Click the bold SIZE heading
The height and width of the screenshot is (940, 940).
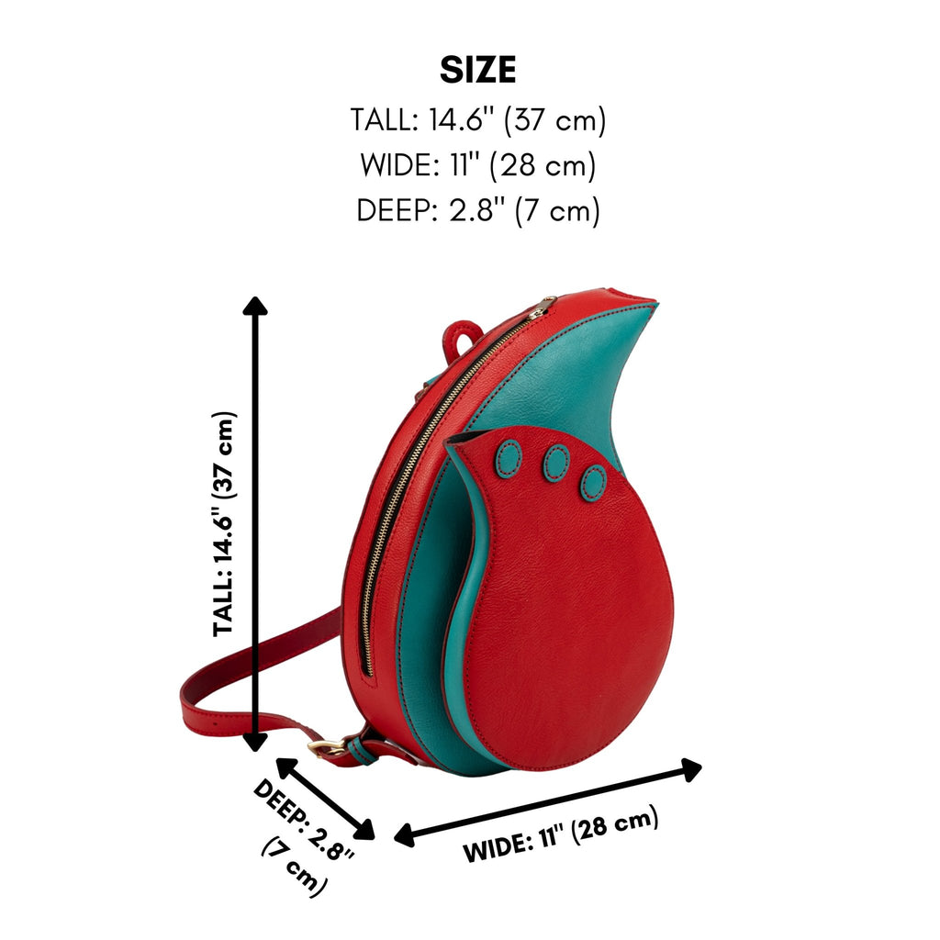[x=477, y=70]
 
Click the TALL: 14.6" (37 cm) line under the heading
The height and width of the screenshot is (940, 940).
[x=477, y=120]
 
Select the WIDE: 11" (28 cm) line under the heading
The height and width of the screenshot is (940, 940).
[x=477, y=165]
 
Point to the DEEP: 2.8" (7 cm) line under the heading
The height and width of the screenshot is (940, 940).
[x=477, y=210]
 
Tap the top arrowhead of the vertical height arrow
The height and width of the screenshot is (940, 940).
[x=255, y=305]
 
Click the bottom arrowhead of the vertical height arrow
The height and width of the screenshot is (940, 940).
[x=255, y=742]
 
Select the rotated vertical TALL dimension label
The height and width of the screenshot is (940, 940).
[x=225, y=523]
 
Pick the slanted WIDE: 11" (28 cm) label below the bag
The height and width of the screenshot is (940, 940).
[x=561, y=834]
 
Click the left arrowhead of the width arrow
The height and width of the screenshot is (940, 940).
[x=405, y=834]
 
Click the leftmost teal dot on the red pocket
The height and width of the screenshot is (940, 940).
[x=509, y=459]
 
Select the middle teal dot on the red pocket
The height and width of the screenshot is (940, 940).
[x=555, y=463]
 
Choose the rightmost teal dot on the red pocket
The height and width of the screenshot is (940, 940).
[x=594, y=482]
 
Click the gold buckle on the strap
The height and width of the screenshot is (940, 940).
[x=327, y=747]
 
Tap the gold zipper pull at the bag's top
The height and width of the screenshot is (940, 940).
[x=545, y=305]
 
